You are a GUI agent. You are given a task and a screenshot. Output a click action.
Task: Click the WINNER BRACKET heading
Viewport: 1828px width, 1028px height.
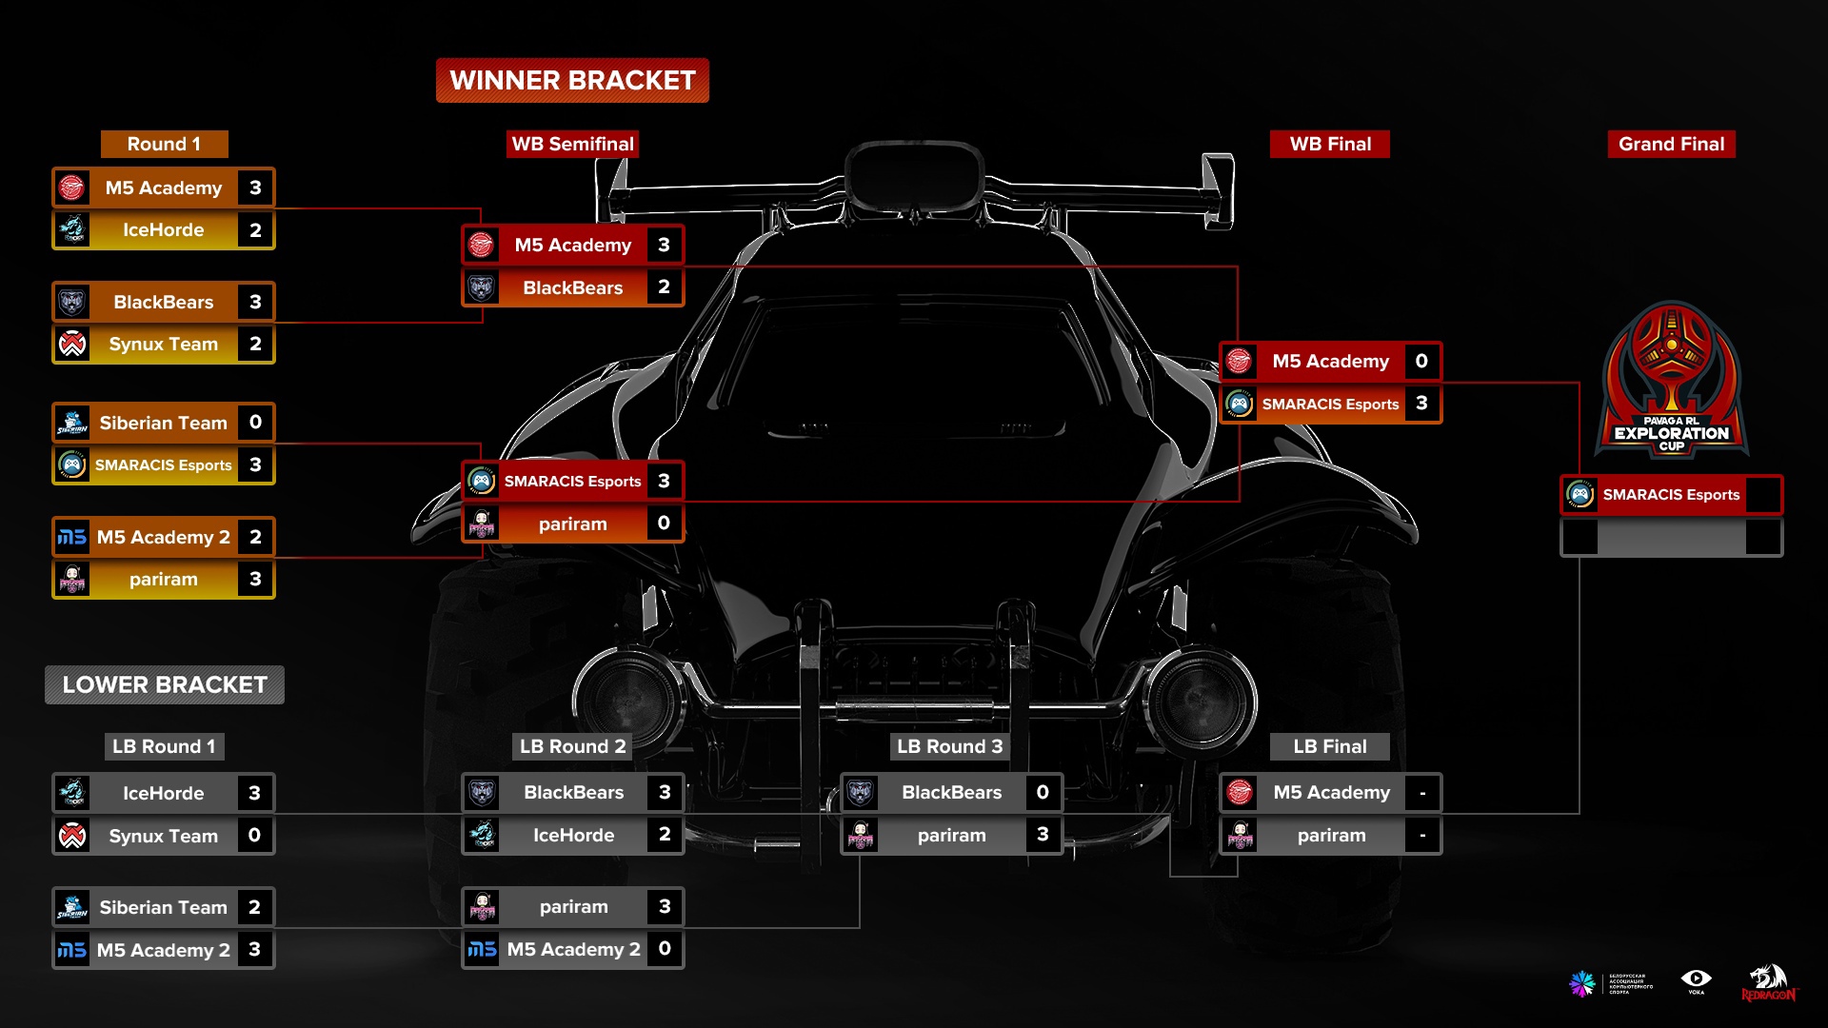point(572,81)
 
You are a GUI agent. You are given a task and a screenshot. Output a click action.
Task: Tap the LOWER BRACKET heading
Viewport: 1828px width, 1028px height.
point(165,685)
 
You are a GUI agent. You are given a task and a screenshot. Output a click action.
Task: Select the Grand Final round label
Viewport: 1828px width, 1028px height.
point(1671,144)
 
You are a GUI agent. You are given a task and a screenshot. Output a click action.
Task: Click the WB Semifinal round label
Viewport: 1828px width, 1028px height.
point(572,144)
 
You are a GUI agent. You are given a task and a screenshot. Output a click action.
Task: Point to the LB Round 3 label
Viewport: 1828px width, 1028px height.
point(949,746)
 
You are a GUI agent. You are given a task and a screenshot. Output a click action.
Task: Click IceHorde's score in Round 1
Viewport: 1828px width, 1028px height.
point(255,230)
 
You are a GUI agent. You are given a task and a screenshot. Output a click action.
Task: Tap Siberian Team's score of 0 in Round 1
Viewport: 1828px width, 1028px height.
point(255,423)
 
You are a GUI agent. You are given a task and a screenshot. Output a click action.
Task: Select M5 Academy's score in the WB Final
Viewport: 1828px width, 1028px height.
point(1421,362)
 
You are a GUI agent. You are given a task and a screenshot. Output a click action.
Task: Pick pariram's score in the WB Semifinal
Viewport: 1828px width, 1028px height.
point(664,524)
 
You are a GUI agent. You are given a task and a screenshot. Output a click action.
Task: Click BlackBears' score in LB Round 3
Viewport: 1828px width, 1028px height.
point(1043,793)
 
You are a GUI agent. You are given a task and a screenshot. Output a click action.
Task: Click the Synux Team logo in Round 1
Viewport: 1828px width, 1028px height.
point(72,345)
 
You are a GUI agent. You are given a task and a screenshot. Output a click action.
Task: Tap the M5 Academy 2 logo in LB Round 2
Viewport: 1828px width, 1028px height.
point(483,949)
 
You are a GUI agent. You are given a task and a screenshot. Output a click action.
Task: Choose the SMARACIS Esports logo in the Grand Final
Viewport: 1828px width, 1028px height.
point(1580,495)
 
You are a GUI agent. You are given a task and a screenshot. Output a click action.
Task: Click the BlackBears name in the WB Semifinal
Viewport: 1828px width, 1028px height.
point(572,287)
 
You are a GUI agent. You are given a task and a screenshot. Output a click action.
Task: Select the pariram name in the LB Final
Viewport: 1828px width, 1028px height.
point(1331,836)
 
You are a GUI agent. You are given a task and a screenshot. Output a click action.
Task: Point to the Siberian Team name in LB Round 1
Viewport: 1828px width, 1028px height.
point(163,907)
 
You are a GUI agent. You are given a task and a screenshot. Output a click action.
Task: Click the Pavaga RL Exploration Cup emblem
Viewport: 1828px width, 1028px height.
point(1671,381)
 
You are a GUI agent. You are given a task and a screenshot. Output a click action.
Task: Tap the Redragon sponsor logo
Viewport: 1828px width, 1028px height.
point(1768,983)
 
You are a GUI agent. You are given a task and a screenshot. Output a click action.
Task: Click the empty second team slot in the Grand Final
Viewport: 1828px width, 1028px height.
point(1671,538)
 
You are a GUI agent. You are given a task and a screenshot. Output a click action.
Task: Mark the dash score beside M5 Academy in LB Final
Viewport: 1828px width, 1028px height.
point(1422,793)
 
